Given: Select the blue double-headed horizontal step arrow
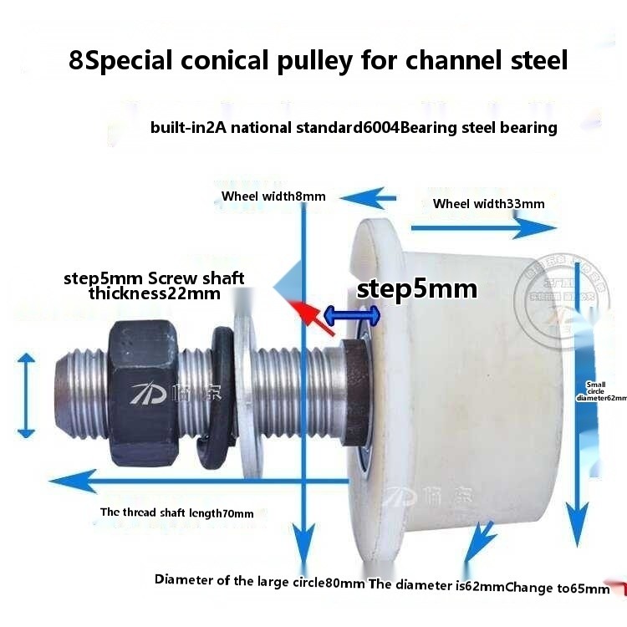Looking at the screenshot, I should point(352,314).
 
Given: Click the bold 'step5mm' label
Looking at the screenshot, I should point(416,289).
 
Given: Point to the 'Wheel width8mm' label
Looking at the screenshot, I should point(273,196).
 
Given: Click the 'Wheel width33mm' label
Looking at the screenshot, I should point(488,204).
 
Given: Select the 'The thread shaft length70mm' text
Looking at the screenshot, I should point(176,513).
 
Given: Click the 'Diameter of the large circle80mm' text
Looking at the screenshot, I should point(259,581).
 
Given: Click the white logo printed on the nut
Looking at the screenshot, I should point(148,390).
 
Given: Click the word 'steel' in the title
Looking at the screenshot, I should point(536,61).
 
